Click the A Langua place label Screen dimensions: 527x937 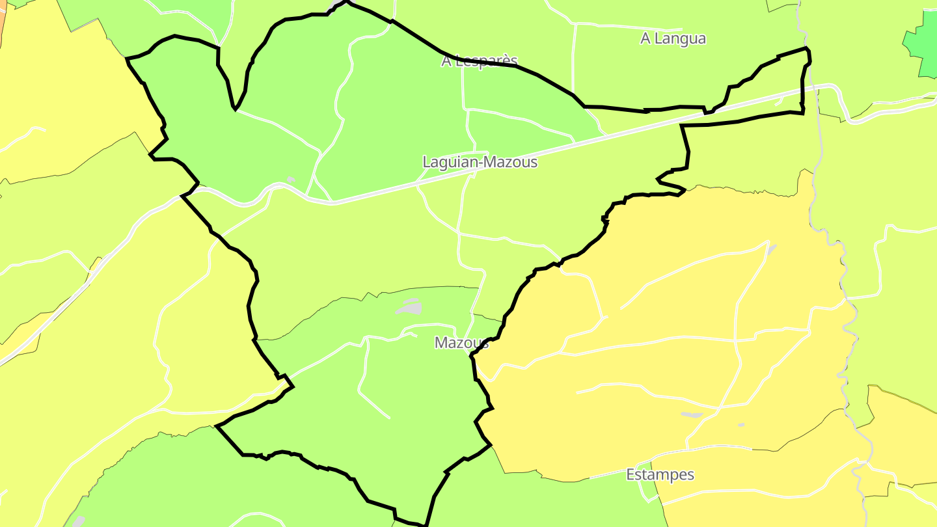(x=673, y=38)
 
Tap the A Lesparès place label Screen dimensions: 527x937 (x=480, y=61)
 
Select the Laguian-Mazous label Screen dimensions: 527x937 (x=480, y=162)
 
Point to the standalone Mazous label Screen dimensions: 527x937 (x=461, y=343)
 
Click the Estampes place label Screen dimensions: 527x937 (x=660, y=474)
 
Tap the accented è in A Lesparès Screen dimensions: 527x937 (x=504, y=61)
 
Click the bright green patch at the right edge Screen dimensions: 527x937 (x=922, y=42)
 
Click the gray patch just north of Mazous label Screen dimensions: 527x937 (x=411, y=306)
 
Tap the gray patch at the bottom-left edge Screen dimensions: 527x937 (x=77, y=521)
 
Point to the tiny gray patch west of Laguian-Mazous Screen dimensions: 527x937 (x=291, y=180)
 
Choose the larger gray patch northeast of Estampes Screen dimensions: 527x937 (x=692, y=414)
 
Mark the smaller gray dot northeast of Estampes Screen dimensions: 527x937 (x=740, y=425)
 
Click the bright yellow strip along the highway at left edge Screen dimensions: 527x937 (x=20, y=338)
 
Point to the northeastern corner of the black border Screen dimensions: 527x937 (x=807, y=49)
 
